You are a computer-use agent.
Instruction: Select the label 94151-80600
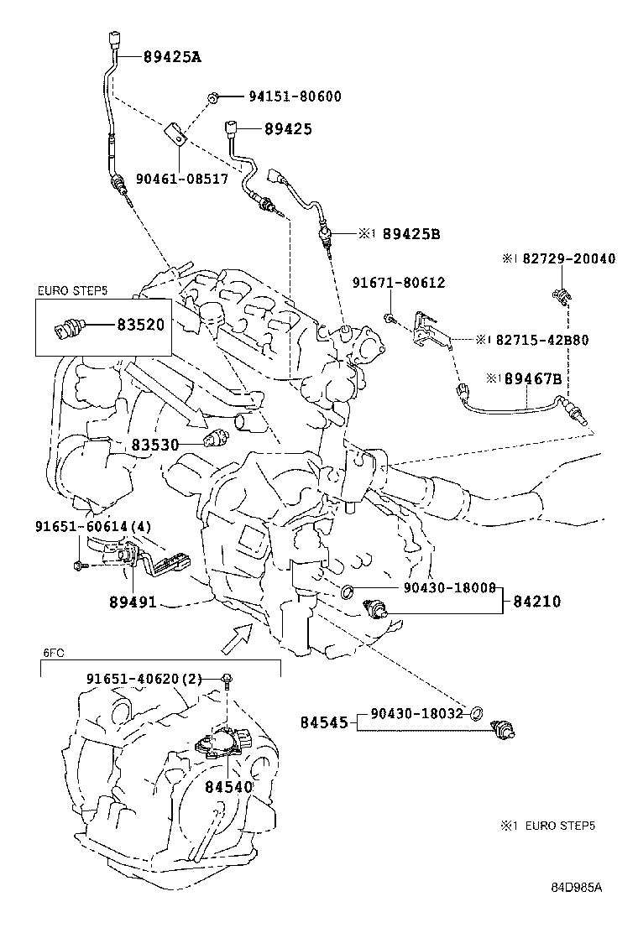pyautogui.click(x=294, y=96)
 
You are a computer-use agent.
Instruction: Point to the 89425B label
pyautogui.click(x=411, y=234)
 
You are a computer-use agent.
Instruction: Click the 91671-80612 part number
pyautogui.click(x=399, y=284)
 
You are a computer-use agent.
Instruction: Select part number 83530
pyautogui.click(x=154, y=444)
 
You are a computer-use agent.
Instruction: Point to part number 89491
pyautogui.click(x=132, y=602)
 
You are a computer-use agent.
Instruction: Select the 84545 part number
pyautogui.click(x=324, y=721)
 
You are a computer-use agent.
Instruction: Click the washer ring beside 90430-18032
pyautogui.click(x=475, y=713)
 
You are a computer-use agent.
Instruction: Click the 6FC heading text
pyautogui.click(x=52, y=652)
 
